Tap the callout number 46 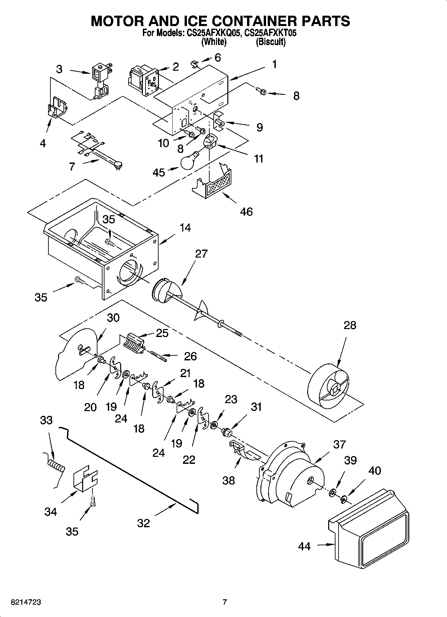[246, 212]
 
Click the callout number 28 [350, 325]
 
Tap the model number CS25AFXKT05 [270, 33]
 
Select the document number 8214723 [26, 602]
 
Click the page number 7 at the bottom [225, 602]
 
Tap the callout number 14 [185, 228]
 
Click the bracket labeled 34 [85, 478]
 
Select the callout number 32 [144, 523]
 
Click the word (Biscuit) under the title [270, 42]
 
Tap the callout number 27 [201, 254]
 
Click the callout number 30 [113, 318]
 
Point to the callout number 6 [218, 58]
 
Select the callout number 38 [229, 481]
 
